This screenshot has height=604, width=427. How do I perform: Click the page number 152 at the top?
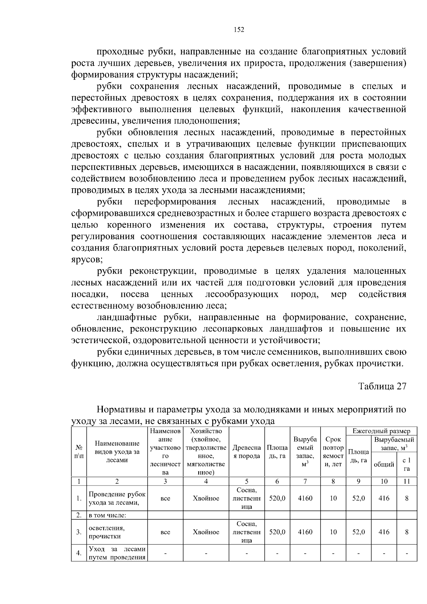point(239,30)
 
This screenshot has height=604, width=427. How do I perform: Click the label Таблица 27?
point(382,387)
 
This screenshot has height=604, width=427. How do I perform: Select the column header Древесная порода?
point(247,452)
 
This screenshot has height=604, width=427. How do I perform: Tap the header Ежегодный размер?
point(381,431)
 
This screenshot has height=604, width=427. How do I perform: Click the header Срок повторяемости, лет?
point(333,452)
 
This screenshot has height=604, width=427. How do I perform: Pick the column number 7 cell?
point(305,481)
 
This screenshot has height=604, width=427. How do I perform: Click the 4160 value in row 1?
point(305,498)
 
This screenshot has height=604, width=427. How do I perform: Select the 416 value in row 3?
point(384,532)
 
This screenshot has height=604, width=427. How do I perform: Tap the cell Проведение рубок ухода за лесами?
point(117,498)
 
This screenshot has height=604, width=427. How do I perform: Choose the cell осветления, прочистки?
point(107,532)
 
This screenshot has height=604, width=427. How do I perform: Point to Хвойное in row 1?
point(206,498)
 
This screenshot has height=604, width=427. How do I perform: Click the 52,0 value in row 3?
point(358,532)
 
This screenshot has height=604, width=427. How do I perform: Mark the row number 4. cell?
point(79,553)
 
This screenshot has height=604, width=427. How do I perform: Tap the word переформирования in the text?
point(175,202)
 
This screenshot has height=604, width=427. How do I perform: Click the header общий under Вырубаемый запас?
point(384,464)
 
